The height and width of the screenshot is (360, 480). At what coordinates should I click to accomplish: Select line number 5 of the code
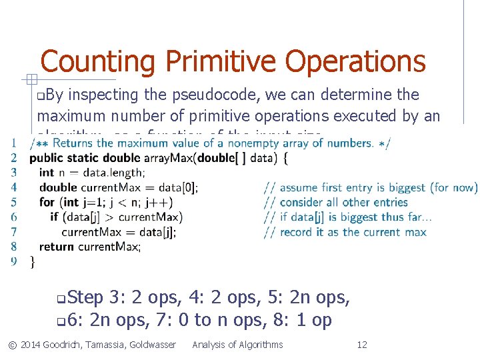[x=14, y=202]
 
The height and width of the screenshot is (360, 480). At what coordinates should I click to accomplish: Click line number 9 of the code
[x=14, y=261]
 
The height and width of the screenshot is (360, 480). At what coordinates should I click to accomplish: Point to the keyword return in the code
[x=57, y=247]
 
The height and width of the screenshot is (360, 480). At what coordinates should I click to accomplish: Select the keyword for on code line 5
[x=47, y=202]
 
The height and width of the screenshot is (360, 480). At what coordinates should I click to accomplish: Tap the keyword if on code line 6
[x=54, y=217]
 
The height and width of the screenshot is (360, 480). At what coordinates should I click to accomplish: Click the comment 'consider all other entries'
[x=343, y=202]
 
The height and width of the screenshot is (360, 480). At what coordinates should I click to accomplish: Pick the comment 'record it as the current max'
[x=353, y=232]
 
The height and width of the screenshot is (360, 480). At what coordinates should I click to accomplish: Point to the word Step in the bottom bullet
[x=85, y=297]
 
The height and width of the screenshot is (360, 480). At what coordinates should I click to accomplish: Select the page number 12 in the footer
[x=362, y=345]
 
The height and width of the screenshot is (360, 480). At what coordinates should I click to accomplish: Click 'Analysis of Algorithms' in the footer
[x=237, y=345]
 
